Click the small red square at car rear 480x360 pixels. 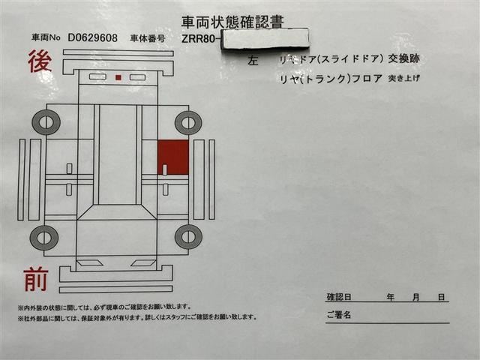pyautogui.click(x=118, y=77)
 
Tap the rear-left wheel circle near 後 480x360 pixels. pyautogui.click(x=46, y=121)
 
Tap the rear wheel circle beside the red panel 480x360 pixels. pyautogui.click(x=187, y=122)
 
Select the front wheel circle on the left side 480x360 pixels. pyautogui.click(x=44, y=238)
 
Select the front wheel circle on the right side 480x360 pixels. pyautogui.click(x=187, y=237)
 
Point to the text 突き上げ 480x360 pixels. pyautogui.click(x=406, y=77)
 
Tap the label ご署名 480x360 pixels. pyautogui.click(x=339, y=315)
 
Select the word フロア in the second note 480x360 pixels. pyautogui.click(x=367, y=77)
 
